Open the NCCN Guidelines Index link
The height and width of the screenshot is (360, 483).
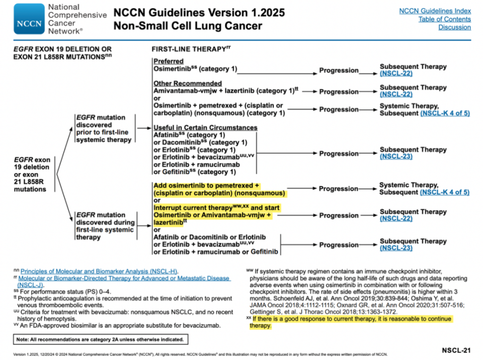[435, 11]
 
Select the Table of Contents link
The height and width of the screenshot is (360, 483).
[444, 19]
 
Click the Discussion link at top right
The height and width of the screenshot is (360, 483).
[454, 27]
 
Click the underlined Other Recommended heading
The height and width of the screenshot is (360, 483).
[187, 83]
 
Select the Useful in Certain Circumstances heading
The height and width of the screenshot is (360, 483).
[205, 128]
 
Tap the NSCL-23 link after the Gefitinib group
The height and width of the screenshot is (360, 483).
[396, 156]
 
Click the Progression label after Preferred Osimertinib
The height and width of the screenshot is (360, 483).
[339, 70]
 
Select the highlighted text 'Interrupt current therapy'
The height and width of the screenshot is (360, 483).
[193, 208]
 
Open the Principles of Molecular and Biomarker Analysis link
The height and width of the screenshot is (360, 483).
[99, 272]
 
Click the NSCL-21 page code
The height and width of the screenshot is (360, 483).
[456, 349]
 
